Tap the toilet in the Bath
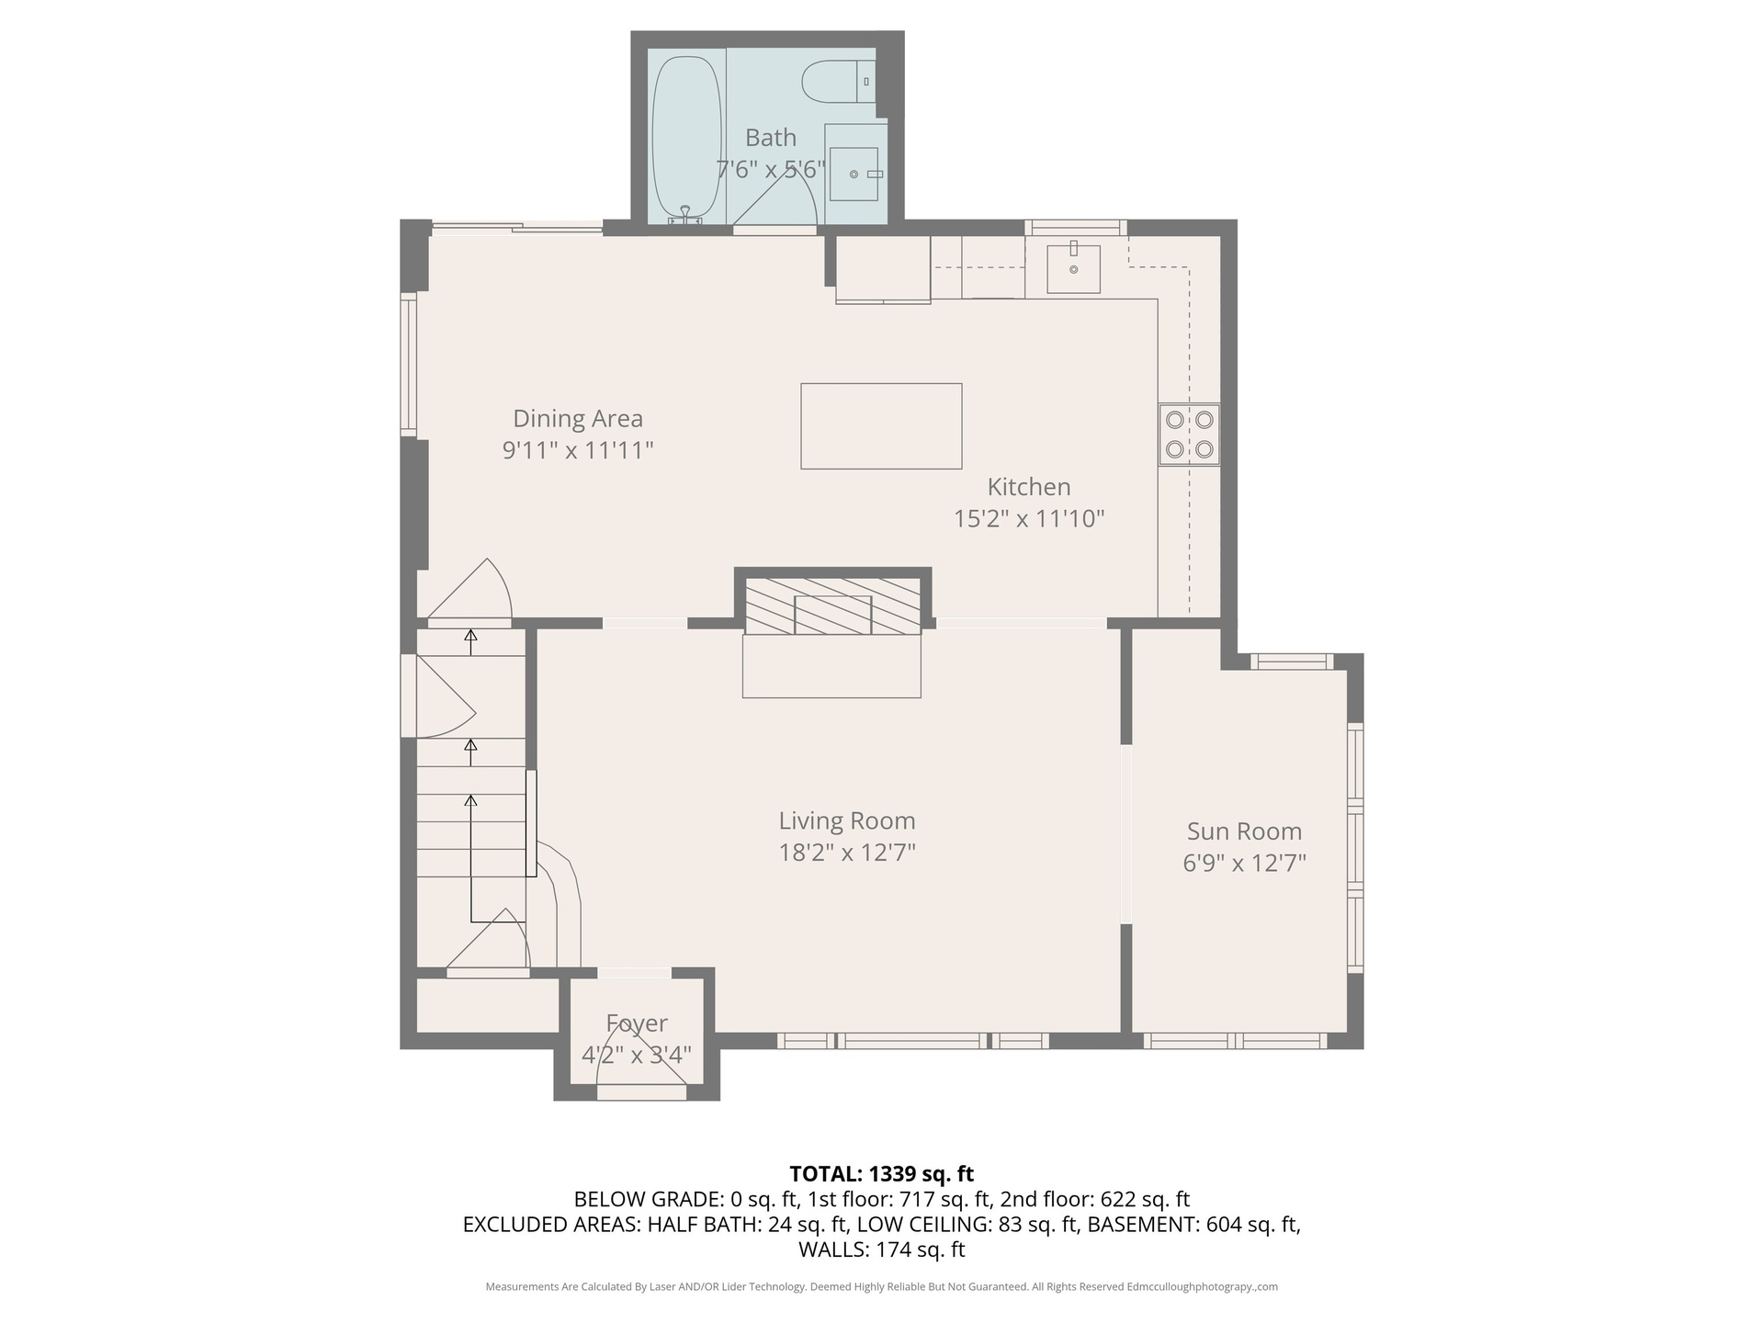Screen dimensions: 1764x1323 click(x=838, y=82)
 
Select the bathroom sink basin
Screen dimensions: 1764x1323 click(x=854, y=174)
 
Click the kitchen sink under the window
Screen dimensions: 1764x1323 click(x=1073, y=269)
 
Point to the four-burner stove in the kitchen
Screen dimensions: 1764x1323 click(x=1189, y=435)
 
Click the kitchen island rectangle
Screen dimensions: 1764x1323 click(x=881, y=426)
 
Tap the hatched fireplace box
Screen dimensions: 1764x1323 click(x=831, y=605)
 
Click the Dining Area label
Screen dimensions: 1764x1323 click(x=578, y=418)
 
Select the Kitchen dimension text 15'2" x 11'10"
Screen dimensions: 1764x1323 click(x=1029, y=518)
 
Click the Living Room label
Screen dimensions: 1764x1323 click(x=847, y=820)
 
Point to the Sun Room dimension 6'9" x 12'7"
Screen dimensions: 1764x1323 click(x=1245, y=863)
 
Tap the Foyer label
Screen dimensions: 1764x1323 click(x=637, y=1023)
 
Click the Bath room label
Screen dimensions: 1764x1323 click(x=771, y=138)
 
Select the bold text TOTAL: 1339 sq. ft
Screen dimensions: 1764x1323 click(x=882, y=1173)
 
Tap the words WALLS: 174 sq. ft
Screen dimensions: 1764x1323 click(x=882, y=1249)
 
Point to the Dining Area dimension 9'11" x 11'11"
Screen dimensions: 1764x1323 click(x=578, y=450)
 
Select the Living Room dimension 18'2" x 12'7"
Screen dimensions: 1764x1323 click(x=847, y=853)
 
